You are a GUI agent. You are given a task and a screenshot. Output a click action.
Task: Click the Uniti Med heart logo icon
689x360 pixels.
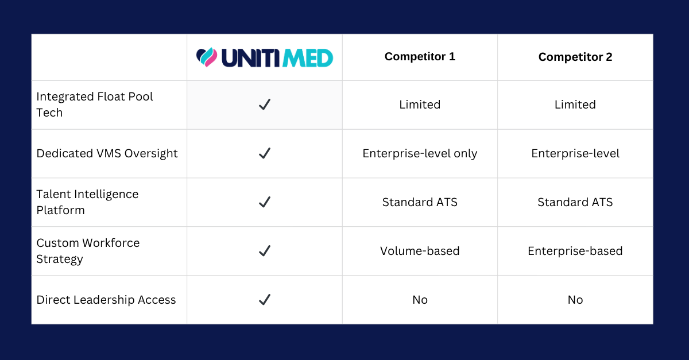[x=207, y=57]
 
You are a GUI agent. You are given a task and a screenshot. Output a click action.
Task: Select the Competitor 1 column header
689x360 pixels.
[x=420, y=57]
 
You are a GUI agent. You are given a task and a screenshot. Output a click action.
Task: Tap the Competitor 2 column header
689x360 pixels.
[x=575, y=57]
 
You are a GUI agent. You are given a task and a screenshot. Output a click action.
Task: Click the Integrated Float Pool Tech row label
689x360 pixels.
[x=94, y=104]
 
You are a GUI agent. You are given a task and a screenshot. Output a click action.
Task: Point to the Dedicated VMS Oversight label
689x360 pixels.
[x=107, y=153]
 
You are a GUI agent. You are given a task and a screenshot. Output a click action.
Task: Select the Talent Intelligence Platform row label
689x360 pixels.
[x=87, y=202]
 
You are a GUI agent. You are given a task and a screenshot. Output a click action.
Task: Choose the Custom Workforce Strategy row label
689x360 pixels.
[x=88, y=251]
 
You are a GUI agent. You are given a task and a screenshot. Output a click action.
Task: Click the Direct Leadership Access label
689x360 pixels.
[x=106, y=300]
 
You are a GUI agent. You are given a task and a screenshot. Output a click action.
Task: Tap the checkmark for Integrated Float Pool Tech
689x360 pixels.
[x=265, y=104]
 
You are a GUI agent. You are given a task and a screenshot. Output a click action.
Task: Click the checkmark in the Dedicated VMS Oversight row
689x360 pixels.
[x=265, y=153]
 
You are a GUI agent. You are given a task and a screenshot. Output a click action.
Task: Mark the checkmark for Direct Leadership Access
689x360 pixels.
[x=265, y=299]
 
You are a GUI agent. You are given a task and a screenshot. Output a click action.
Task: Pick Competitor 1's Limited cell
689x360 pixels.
[x=420, y=104]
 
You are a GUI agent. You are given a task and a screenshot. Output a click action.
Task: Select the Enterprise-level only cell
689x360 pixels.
[x=420, y=153]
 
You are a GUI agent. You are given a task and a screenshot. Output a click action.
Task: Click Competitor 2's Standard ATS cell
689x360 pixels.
[x=575, y=202]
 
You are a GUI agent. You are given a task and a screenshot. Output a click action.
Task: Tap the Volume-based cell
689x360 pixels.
[x=420, y=251]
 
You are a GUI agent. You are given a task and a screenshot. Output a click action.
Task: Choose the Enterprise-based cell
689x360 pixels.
[x=575, y=251]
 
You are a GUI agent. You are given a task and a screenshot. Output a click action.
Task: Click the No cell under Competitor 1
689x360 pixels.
[x=420, y=300]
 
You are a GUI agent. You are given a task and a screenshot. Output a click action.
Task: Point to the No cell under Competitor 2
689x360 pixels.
[x=575, y=300]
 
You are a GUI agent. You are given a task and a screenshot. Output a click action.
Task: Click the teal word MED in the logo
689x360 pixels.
[x=308, y=58]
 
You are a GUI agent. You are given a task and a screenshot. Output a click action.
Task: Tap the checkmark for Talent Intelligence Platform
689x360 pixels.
[x=265, y=202]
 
